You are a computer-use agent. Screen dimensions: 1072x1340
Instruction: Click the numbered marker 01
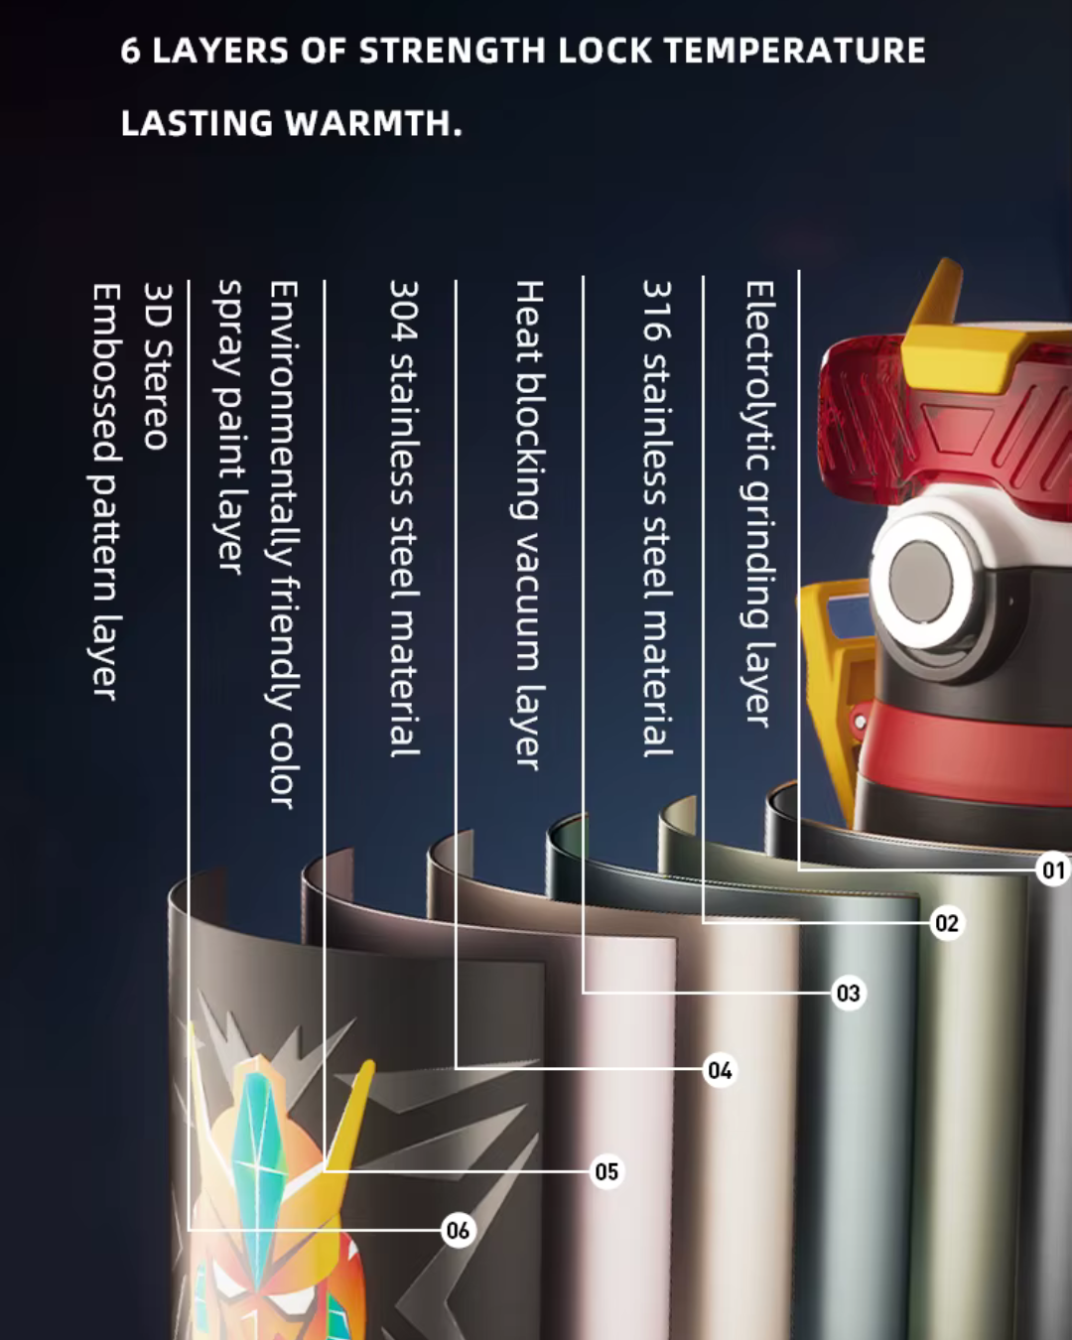(x=1053, y=870)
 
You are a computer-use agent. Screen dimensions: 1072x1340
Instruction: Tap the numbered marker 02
(x=947, y=922)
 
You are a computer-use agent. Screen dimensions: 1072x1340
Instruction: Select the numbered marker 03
(x=849, y=993)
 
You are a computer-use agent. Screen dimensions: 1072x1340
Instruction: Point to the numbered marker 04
(x=720, y=1070)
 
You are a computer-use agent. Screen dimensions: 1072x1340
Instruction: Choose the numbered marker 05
(x=606, y=1171)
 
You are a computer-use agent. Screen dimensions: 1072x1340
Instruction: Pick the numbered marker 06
(x=458, y=1230)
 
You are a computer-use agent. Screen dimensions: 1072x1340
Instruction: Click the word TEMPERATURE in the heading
(x=795, y=51)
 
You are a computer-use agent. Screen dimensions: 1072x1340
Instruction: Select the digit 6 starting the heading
(x=130, y=51)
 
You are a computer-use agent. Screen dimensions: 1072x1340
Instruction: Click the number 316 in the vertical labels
(x=657, y=311)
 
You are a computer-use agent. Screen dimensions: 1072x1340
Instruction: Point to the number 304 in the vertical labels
(x=404, y=311)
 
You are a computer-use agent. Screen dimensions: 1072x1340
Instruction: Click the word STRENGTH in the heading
(x=452, y=51)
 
